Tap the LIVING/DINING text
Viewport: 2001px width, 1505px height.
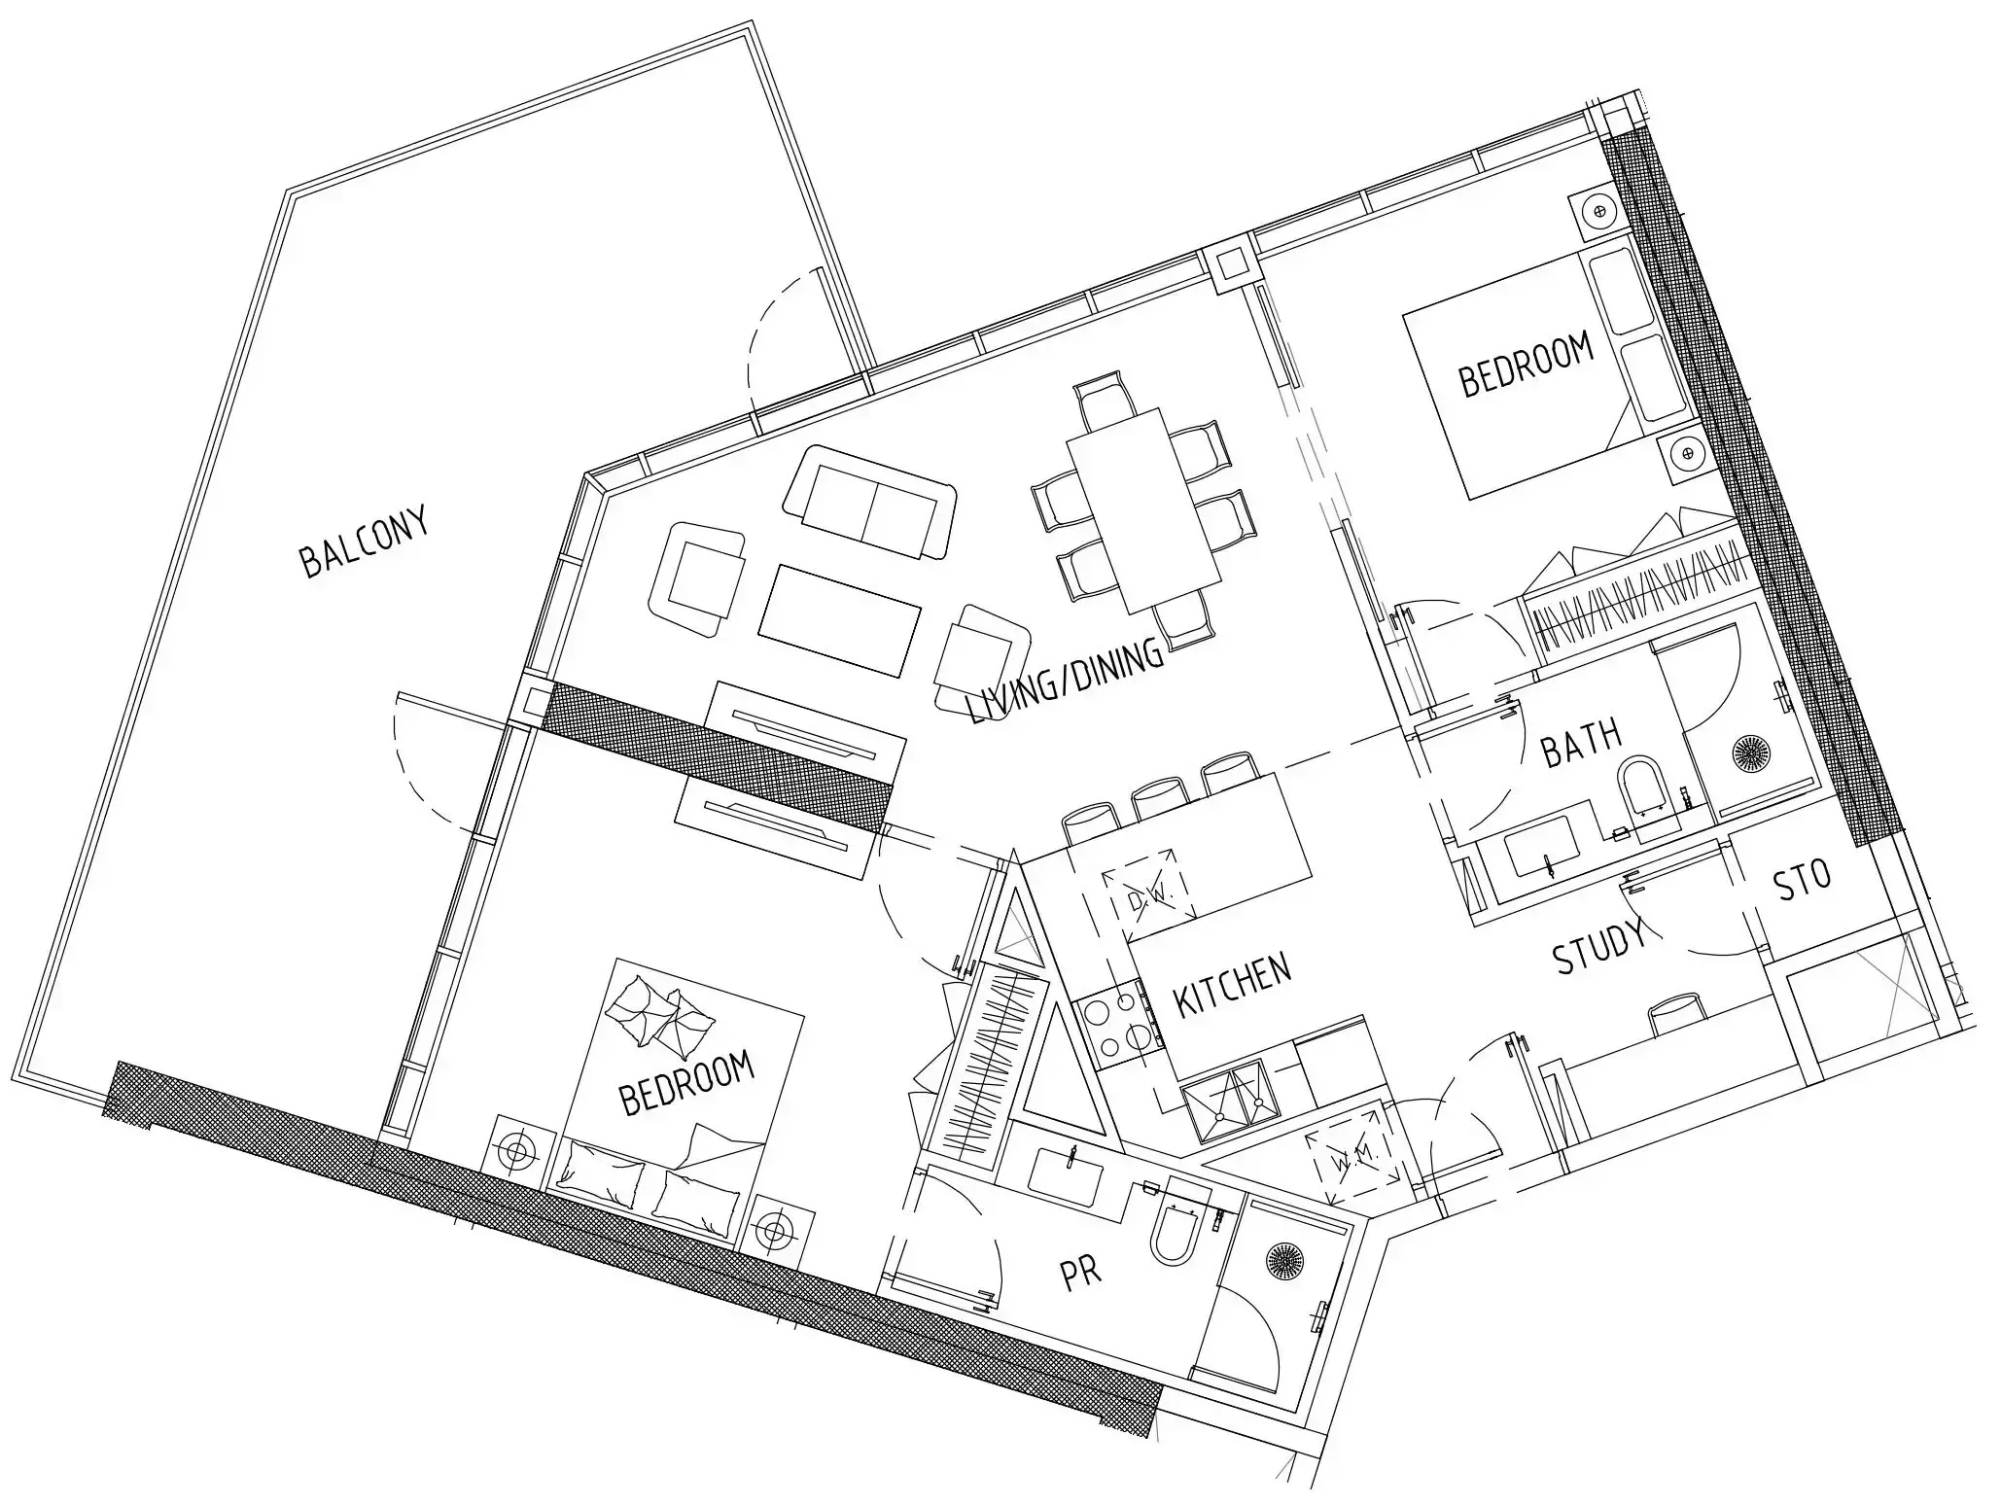[x=1066, y=681]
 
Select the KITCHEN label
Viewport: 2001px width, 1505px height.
[x=1232, y=985]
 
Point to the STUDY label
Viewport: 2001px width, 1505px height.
[x=1599, y=945]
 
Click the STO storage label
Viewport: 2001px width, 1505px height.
[x=1802, y=879]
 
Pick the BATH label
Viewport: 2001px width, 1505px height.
[x=1582, y=743]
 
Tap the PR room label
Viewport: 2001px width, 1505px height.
[x=1080, y=1272]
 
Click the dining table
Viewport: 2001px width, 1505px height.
[x=1144, y=510]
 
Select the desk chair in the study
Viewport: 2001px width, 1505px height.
[x=1677, y=1011]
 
